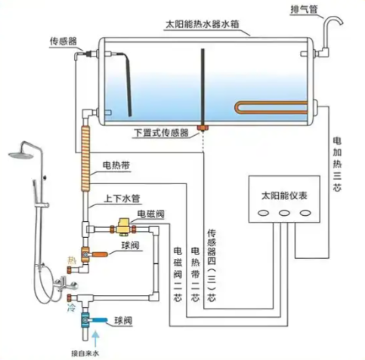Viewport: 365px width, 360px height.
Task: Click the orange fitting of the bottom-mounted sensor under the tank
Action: click(x=202, y=128)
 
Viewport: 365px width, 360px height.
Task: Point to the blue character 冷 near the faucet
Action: click(x=71, y=309)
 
